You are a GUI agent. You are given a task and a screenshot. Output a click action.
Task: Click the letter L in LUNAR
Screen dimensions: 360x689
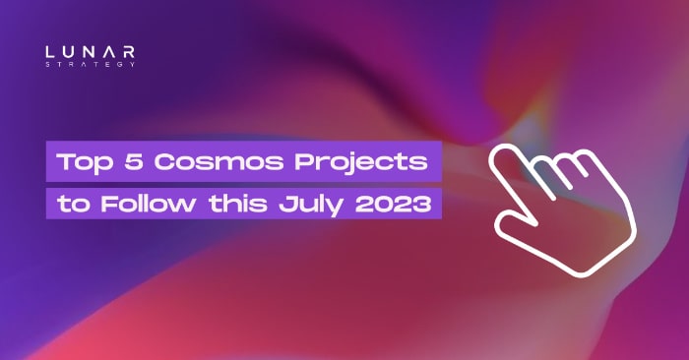click(49, 51)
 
